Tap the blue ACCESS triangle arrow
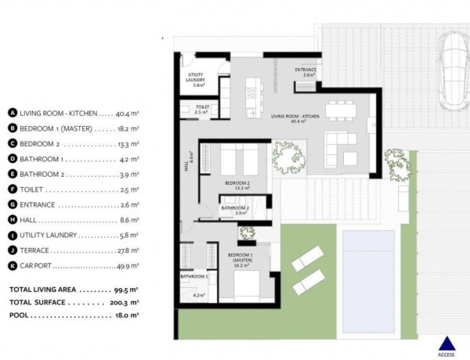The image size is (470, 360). click(x=446, y=342)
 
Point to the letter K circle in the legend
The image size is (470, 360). click(x=13, y=266)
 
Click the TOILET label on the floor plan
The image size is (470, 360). click(x=202, y=109)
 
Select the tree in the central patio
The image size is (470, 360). click(x=287, y=157)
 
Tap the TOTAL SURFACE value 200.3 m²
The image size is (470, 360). click(x=125, y=301)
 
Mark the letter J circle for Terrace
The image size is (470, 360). click(x=13, y=250)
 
